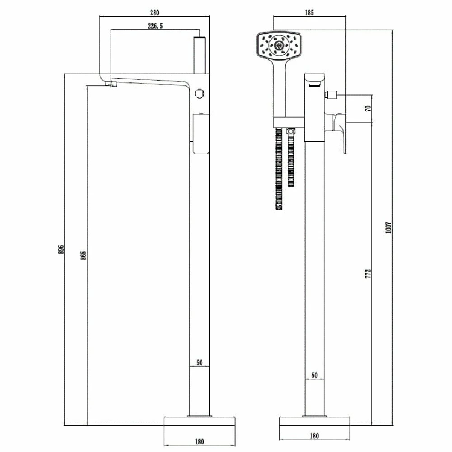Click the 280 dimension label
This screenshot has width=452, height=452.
point(154,12)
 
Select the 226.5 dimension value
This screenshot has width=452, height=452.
point(155,26)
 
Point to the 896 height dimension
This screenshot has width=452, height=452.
point(61,249)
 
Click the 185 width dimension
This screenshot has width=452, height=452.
point(310,12)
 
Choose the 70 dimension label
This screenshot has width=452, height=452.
point(368,108)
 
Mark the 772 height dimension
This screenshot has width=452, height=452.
point(368,273)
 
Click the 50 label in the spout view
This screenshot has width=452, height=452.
point(199,363)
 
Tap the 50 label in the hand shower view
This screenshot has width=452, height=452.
point(315,376)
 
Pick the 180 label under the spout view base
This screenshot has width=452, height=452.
point(199,442)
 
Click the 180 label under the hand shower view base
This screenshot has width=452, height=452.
point(315,436)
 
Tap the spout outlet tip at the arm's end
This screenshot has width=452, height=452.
point(111,84)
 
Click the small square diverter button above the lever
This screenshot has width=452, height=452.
point(333,95)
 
